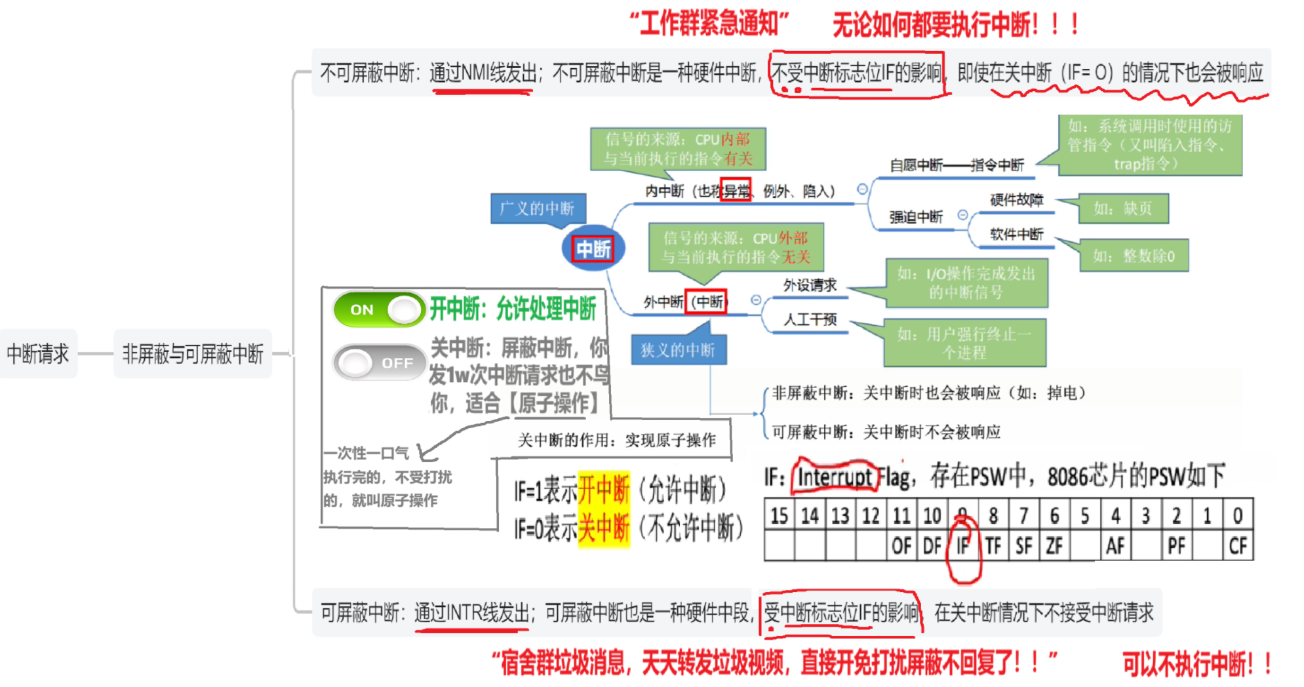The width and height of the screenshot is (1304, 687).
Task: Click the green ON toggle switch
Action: (x=379, y=309)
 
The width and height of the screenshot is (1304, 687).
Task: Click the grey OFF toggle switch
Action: (x=379, y=363)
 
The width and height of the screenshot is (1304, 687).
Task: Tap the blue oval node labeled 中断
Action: (x=593, y=249)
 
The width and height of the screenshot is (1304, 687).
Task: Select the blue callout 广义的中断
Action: (x=537, y=208)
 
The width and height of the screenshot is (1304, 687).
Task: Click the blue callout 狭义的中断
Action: (x=678, y=350)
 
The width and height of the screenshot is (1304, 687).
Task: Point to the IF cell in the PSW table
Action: (x=962, y=545)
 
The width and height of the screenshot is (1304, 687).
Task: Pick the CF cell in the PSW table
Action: (x=1238, y=545)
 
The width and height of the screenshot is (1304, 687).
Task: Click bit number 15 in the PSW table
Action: (x=779, y=516)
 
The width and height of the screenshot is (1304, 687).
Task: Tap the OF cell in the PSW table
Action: (x=901, y=545)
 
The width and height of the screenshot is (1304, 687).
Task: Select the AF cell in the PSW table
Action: (x=1115, y=545)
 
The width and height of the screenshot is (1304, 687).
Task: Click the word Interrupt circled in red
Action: (x=835, y=477)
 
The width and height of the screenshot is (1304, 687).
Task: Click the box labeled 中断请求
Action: (x=38, y=354)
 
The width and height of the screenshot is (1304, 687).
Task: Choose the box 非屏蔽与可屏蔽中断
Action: (x=193, y=354)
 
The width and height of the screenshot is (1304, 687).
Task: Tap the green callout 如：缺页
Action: (x=1122, y=208)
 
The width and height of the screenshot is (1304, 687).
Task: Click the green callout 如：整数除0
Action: (x=1134, y=256)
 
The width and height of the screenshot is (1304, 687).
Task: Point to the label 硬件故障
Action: (x=1016, y=200)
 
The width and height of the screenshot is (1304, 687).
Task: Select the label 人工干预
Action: (x=810, y=319)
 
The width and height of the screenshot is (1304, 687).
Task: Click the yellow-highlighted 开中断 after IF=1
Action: (x=604, y=490)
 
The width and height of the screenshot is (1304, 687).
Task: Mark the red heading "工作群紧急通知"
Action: (x=709, y=24)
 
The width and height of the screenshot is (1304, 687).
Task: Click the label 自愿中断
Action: (x=916, y=165)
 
